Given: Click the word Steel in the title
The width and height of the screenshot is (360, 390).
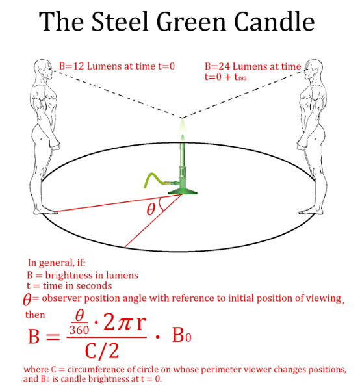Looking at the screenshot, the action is tap(120, 21).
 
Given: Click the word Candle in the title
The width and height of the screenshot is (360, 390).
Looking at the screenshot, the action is tap(274, 21).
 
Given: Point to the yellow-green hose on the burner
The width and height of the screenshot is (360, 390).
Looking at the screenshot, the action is tap(156, 180).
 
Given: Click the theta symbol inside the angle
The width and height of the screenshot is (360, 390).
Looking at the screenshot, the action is tap(151, 209).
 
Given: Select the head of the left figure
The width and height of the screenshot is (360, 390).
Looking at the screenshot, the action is tap(44, 70).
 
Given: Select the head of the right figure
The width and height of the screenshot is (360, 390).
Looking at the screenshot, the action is tap(314, 70).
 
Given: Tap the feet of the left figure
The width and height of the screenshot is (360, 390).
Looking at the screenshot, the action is tap(45, 211).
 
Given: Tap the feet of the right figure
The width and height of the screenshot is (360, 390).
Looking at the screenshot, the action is tap(311, 211).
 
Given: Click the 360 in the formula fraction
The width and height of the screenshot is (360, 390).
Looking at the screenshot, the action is tap(79, 330).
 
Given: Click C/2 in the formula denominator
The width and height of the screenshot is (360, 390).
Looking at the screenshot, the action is tap(102, 351).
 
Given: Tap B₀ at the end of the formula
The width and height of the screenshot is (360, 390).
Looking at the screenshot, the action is tap(182, 335).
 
